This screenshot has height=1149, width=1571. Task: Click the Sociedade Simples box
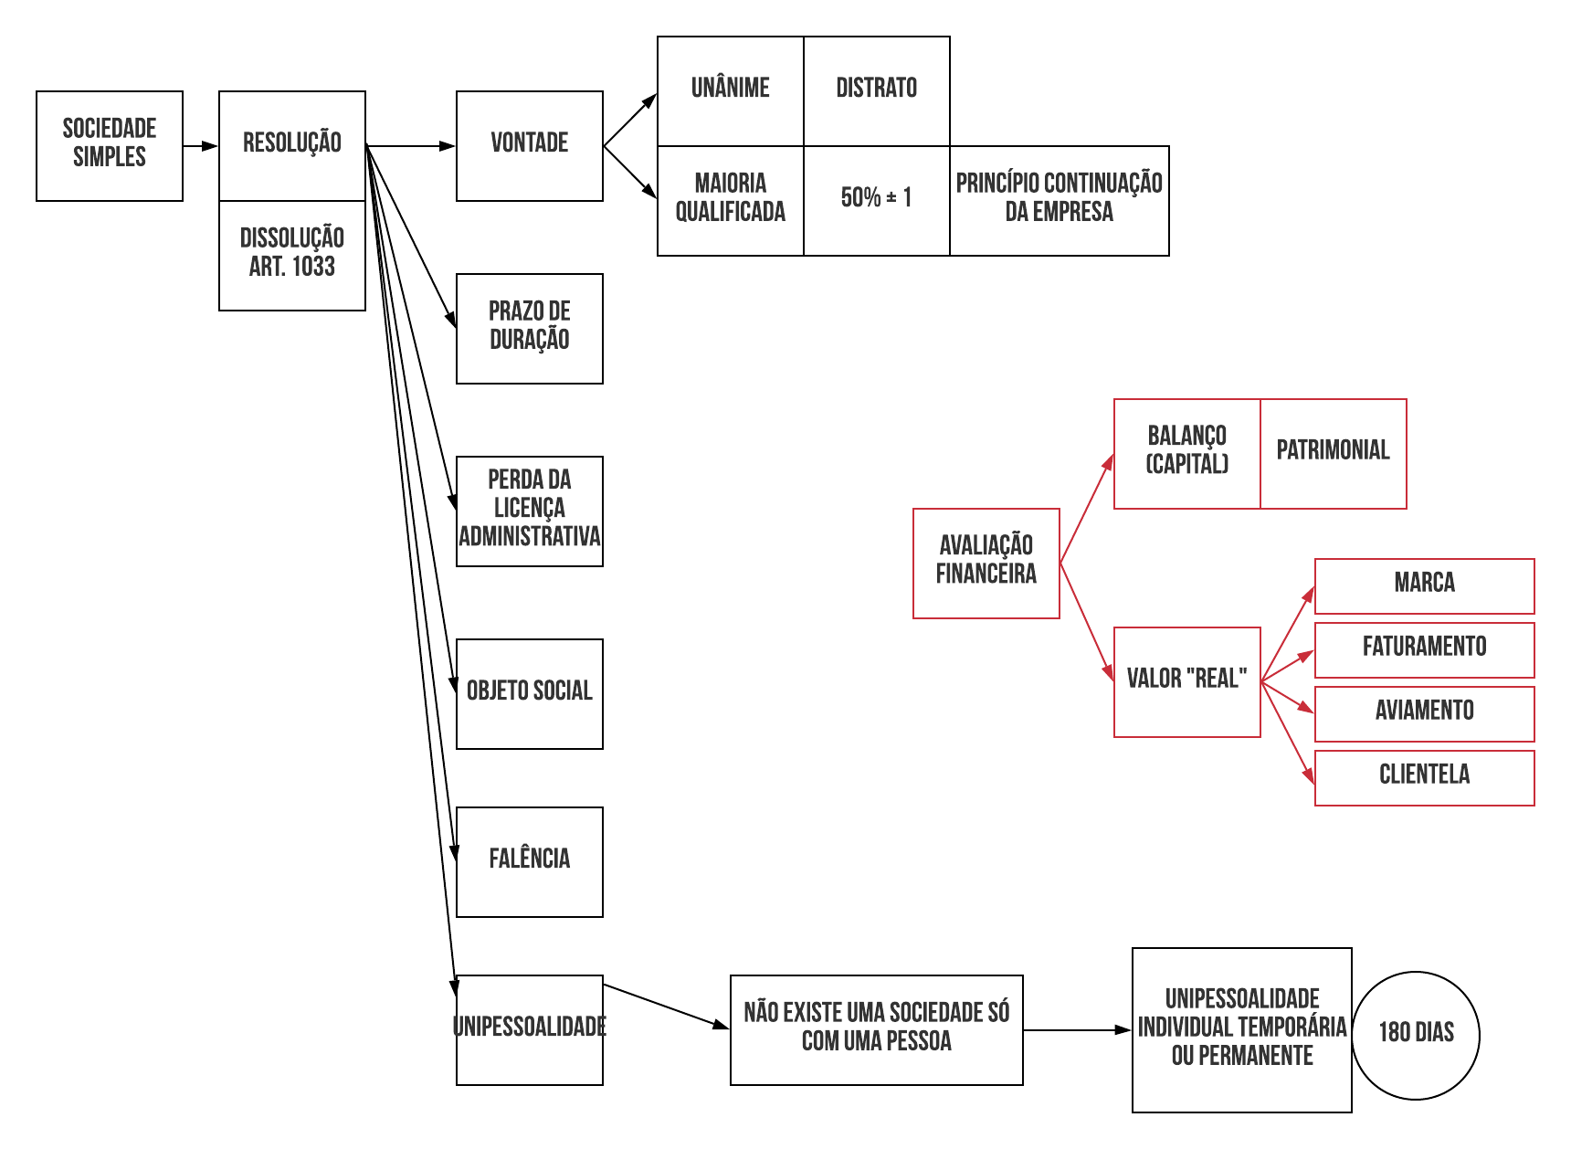click(110, 146)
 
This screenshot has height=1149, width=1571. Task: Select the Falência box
click(530, 861)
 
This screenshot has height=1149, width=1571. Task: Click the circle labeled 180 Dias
click(1416, 1035)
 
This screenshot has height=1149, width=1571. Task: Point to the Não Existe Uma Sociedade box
click(877, 1029)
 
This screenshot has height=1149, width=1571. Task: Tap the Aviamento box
click(1425, 713)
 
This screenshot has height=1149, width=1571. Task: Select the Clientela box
click(1425, 777)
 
